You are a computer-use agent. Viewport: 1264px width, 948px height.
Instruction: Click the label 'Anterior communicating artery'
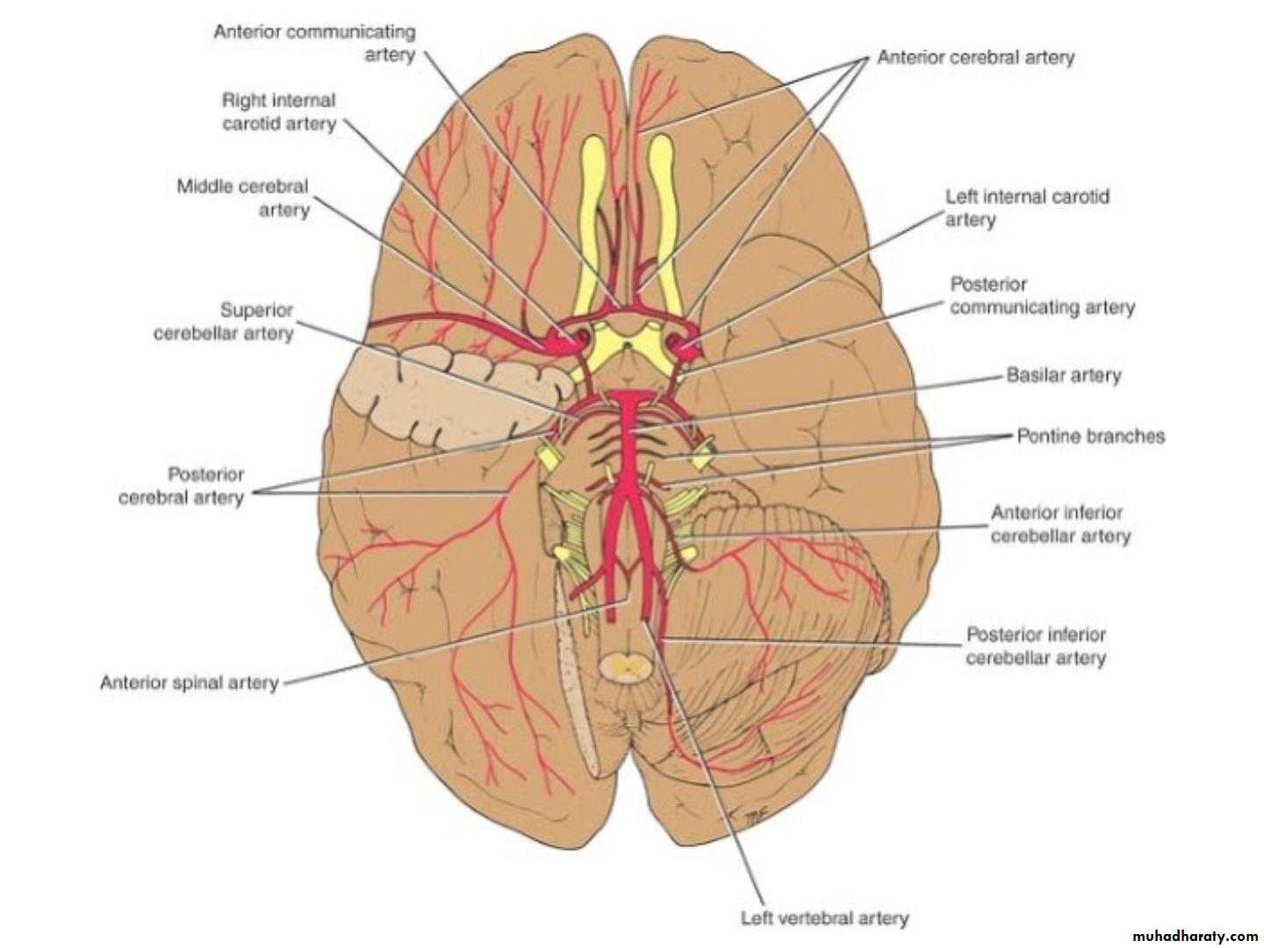[x=314, y=43]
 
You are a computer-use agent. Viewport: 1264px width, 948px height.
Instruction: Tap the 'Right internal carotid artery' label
[x=279, y=111]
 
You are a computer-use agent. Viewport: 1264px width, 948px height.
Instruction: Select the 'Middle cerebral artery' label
[x=243, y=197]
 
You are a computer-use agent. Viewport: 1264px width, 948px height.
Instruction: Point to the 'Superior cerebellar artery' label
[x=224, y=321]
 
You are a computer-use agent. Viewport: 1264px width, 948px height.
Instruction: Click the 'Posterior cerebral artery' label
[x=182, y=485]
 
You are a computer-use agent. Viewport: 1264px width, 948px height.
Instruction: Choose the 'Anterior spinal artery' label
[x=190, y=682]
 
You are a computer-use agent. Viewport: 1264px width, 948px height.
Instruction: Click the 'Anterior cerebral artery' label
[x=975, y=57]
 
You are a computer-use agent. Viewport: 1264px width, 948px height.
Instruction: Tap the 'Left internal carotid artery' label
[x=1027, y=208]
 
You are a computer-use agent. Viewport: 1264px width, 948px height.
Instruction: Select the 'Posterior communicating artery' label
[x=1042, y=295]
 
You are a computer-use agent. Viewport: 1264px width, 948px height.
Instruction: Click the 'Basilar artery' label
[x=1064, y=376]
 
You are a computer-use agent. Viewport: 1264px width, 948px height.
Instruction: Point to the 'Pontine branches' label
[x=1091, y=435]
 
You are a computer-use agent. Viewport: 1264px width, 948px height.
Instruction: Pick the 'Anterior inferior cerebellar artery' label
[x=1060, y=524]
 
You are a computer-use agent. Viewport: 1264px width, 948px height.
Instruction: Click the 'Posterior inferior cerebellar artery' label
[x=1036, y=646]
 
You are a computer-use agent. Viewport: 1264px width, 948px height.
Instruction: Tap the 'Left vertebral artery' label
[x=824, y=917]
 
